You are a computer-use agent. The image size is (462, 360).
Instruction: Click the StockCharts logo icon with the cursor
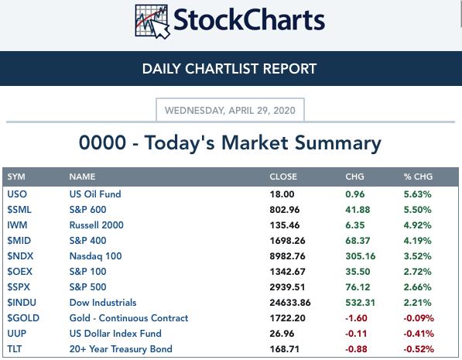click(x=152, y=22)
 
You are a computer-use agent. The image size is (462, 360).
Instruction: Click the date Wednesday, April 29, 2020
click(x=230, y=110)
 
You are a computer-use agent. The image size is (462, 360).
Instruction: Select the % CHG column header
click(x=418, y=177)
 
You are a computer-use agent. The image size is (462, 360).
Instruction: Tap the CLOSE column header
click(x=283, y=177)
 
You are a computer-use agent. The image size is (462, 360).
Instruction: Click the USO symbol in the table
click(x=17, y=194)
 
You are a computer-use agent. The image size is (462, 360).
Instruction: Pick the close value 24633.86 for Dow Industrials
click(x=290, y=303)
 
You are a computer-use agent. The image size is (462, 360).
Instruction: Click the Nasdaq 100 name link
click(x=95, y=256)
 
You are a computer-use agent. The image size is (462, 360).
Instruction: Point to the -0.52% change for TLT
click(x=419, y=349)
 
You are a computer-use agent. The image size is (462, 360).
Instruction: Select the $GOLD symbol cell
click(x=23, y=318)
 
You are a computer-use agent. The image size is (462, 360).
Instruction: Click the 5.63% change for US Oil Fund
click(x=418, y=194)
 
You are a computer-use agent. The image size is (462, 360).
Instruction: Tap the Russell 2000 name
click(x=97, y=225)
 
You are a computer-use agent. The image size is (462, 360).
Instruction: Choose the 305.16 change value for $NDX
click(x=361, y=256)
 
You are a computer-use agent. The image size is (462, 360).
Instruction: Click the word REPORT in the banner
click(x=289, y=69)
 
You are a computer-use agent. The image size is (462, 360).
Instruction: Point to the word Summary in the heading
click(x=338, y=143)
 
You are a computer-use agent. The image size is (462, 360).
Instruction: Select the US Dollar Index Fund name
click(x=115, y=334)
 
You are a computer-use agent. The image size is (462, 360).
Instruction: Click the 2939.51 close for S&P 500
click(x=287, y=287)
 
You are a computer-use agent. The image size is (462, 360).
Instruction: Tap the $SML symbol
click(x=19, y=210)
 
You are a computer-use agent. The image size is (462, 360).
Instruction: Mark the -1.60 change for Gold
click(x=356, y=318)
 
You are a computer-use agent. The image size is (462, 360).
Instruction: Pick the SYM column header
click(x=16, y=177)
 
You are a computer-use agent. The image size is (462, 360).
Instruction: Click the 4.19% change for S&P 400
click(x=418, y=241)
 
